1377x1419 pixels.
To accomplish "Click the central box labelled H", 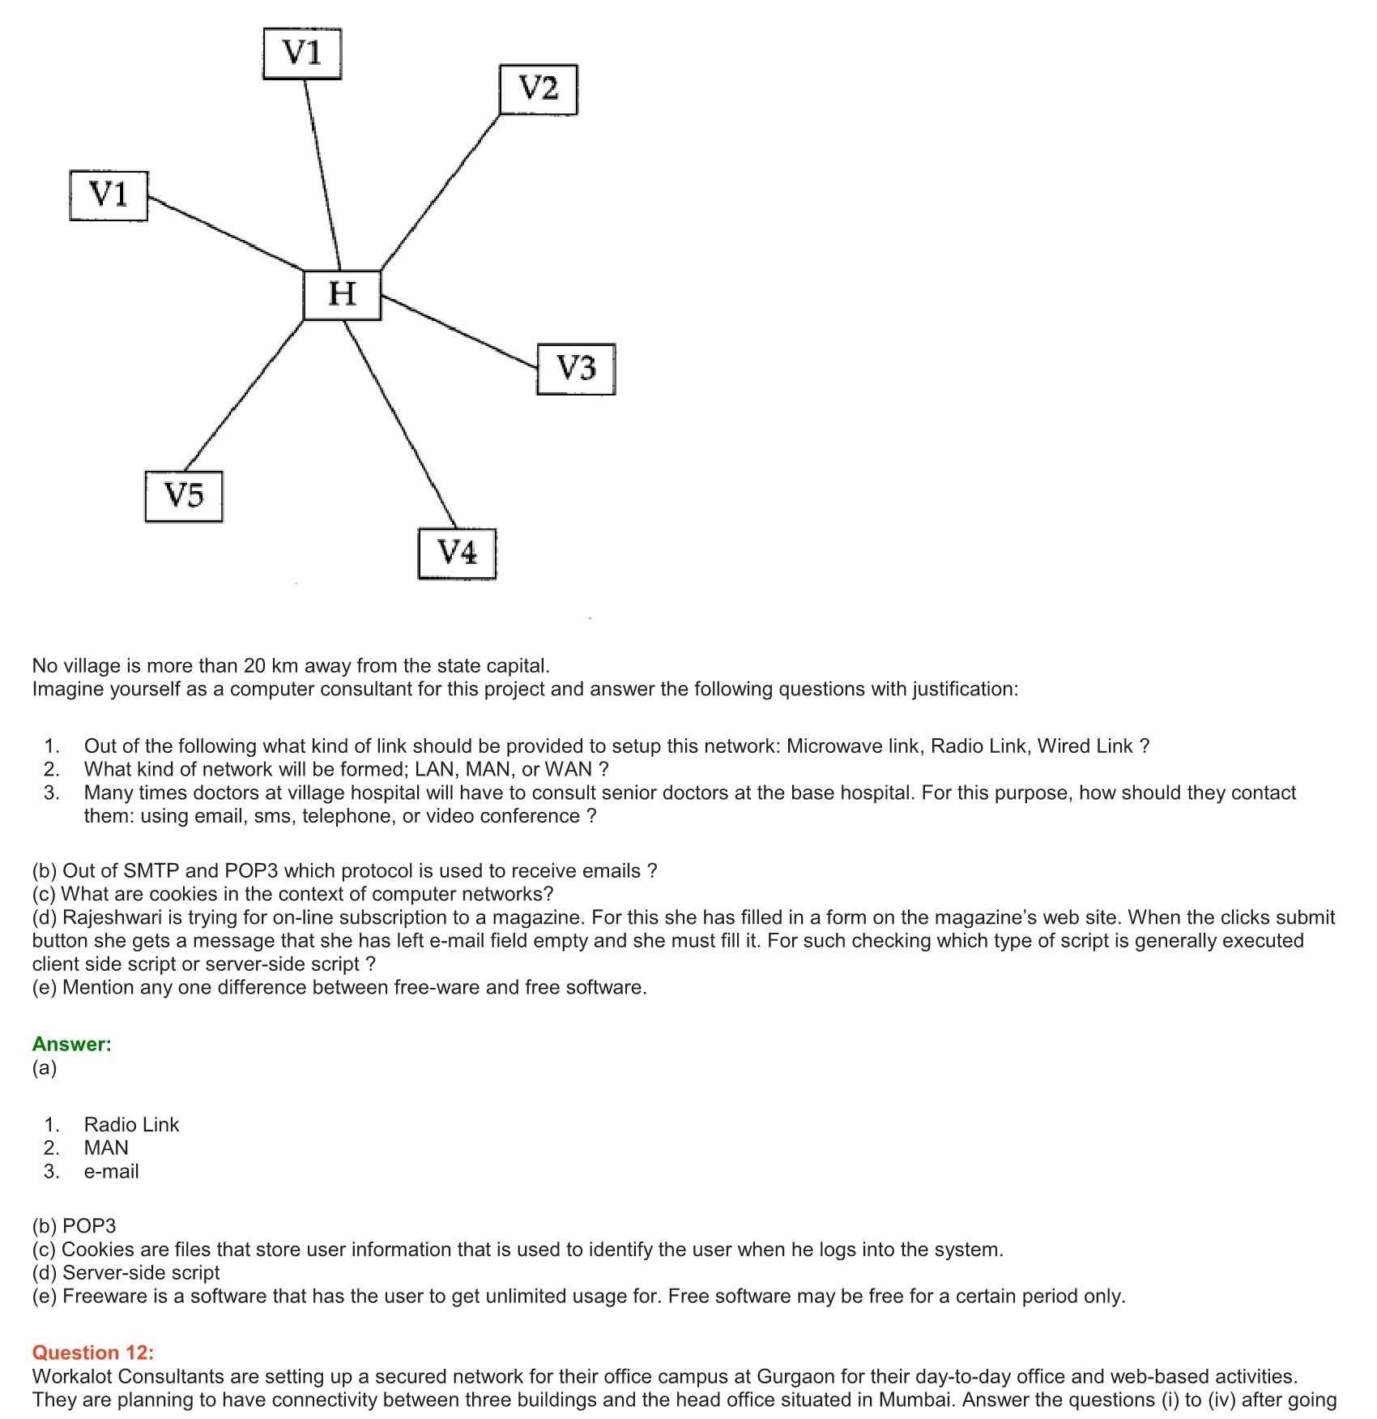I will [342, 294].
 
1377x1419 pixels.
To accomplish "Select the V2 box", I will [538, 89].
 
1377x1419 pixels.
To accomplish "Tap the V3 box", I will [576, 369].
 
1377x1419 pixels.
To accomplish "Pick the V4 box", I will [457, 553].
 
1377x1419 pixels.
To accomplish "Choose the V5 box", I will [184, 496].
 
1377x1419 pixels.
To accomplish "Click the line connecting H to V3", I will [458, 331].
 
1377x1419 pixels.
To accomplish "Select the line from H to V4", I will [400, 425].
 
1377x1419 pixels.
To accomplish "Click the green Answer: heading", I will [71, 1044].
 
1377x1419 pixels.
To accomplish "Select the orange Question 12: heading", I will [92, 1353].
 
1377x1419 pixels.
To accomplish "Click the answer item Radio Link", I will [131, 1124].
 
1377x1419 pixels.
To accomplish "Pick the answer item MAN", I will [106, 1148].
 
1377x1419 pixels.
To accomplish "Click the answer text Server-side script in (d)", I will [141, 1272].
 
